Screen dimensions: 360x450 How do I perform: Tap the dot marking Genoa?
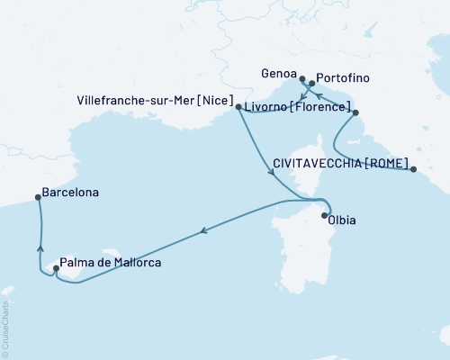click(x=302, y=79)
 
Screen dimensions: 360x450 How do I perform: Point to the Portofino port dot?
click(x=311, y=84)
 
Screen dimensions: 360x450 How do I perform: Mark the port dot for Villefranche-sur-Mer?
click(x=238, y=107)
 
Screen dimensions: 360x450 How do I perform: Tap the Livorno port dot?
click(x=355, y=112)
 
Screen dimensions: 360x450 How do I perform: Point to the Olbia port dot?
click(x=325, y=215)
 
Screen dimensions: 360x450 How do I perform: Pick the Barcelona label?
click(x=69, y=193)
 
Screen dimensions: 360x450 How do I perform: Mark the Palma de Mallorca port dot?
click(x=57, y=266)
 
